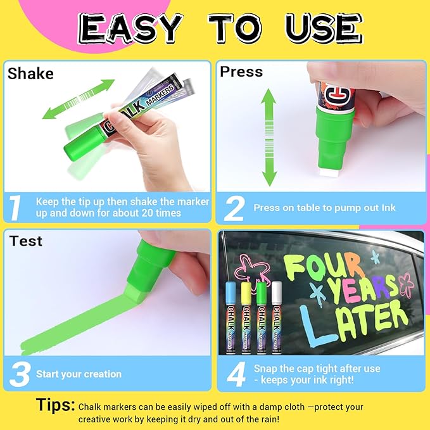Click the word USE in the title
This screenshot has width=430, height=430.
322,28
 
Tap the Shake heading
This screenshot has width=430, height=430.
30,74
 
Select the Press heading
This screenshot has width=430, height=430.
241,72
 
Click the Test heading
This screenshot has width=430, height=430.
26,241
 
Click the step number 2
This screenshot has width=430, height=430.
234,208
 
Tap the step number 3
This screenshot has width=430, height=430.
20,374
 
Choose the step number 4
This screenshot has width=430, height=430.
236,374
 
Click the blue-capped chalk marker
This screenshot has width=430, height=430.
230,317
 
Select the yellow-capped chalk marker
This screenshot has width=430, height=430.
246,317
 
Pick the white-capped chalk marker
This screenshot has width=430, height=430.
276,317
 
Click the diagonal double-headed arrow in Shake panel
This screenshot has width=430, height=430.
79,99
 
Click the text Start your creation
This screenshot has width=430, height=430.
79,374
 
